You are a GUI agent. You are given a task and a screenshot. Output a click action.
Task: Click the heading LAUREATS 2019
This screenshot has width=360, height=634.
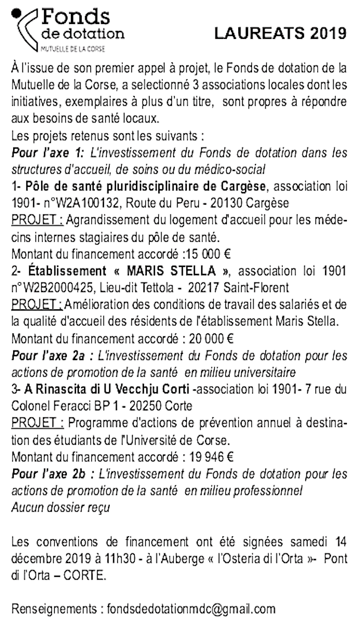click(x=280, y=33)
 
